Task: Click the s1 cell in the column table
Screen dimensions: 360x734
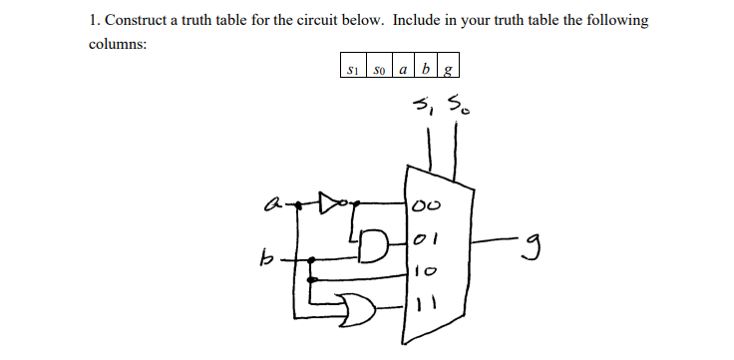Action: coord(352,70)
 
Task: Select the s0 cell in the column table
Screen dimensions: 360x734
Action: coord(378,70)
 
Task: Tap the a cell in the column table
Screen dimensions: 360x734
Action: coord(403,70)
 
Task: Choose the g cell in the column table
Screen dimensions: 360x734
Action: coord(448,70)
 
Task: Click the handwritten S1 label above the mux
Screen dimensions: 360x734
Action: coord(424,102)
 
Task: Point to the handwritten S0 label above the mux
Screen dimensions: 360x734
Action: coord(456,102)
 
